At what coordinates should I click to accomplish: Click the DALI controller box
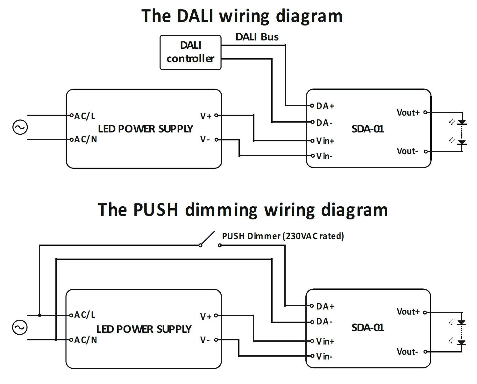pos(190,52)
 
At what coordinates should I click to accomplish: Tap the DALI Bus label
pos(257,37)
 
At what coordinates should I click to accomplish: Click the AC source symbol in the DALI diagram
pos(20,127)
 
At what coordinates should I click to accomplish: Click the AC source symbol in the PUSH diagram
pos(20,327)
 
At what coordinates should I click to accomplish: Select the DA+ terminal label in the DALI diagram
pos(325,106)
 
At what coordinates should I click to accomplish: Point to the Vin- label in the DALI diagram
pos(324,156)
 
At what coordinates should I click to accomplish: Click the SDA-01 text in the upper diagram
pos(367,129)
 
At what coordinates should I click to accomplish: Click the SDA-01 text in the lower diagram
pos(367,328)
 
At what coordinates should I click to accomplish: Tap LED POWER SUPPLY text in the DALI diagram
pos(145,129)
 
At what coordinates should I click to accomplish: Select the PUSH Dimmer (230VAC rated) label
pos(283,236)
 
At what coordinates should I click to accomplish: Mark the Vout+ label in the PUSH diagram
pos(408,312)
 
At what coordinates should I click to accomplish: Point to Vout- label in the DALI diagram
pos(407,151)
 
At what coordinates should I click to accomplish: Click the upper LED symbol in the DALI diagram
pos(461,123)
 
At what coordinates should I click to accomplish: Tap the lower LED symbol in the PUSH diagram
pos(461,342)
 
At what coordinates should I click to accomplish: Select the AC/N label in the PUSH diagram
pos(85,340)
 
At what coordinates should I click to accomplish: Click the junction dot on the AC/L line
pos(39,316)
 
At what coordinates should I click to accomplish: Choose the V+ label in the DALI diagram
pos(206,116)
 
